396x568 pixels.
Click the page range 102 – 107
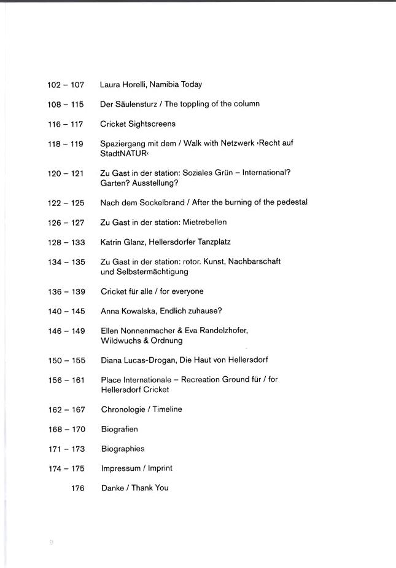click(x=65, y=85)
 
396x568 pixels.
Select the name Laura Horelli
click(x=122, y=85)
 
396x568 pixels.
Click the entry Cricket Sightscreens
click(x=138, y=124)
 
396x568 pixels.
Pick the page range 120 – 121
click(x=65, y=173)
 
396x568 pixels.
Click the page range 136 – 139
click(x=66, y=291)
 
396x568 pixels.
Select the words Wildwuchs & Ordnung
click(x=141, y=341)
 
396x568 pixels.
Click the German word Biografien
click(x=119, y=429)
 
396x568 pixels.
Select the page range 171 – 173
click(x=66, y=449)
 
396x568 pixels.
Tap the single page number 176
click(x=77, y=488)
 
